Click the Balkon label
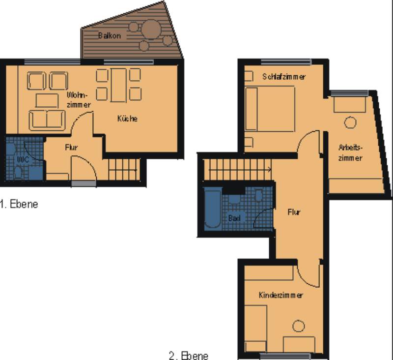[109, 35]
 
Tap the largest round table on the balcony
[151, 30]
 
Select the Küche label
[127, 119]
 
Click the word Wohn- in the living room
[78, 95]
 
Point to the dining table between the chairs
[118, 85]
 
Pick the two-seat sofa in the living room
[47, 120]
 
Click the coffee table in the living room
[47, 100]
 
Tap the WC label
[23, 159]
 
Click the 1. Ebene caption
[19, 204]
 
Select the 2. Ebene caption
[189, 356]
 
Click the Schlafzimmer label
[284, 77]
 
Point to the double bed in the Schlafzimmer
[270, 109]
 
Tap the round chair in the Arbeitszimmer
[350, 122]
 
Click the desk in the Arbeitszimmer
[350, 104]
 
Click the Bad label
[234, 218]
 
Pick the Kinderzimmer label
[281, 295]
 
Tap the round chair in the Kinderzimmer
[299, 326]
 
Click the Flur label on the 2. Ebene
[294, 212]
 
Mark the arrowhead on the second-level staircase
[270, 170]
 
